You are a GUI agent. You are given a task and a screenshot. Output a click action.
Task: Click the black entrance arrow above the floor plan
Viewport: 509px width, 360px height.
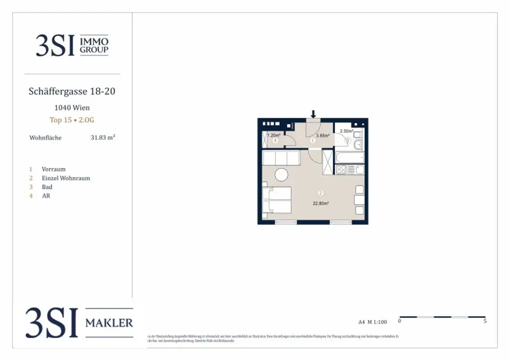pos(313,114)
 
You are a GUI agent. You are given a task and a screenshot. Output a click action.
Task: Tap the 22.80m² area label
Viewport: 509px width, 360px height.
pos(321,203)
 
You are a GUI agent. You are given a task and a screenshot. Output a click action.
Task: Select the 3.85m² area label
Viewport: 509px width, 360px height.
pos(323,135)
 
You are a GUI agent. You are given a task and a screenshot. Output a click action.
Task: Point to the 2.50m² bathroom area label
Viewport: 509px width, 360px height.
pos(346,131)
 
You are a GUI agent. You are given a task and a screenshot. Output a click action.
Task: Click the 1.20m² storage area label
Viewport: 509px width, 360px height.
pos(274,135)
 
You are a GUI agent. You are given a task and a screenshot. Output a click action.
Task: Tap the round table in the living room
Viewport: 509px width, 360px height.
pos(282,175)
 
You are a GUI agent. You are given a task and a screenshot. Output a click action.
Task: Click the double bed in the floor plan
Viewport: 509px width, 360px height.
pos(276,200)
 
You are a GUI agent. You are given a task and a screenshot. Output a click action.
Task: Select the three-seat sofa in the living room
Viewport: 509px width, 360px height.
pos(281,159)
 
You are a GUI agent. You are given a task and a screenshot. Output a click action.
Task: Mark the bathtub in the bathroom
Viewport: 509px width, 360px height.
pos(349,157)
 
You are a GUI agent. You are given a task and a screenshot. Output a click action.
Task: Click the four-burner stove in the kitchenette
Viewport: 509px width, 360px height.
pos(341,170)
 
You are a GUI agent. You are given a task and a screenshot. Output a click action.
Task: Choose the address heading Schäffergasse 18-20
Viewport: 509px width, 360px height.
pos(73,91)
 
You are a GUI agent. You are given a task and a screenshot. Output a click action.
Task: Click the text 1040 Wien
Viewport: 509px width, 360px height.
pos(72,107)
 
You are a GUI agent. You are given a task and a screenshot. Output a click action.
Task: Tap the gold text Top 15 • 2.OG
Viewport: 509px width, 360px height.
pos(72,120)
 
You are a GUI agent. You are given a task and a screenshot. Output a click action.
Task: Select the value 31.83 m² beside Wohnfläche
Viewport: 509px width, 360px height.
pos(103,138)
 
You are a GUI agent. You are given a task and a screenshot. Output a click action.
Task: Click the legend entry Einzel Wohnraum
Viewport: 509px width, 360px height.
pos(66,178)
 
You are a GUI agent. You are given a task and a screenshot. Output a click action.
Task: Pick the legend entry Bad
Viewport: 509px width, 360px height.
pos(47,187)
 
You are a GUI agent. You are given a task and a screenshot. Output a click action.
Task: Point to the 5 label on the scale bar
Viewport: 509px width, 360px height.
pos(485,321)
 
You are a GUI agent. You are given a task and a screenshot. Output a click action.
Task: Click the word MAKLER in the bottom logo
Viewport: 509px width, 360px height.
pos(109,323)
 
